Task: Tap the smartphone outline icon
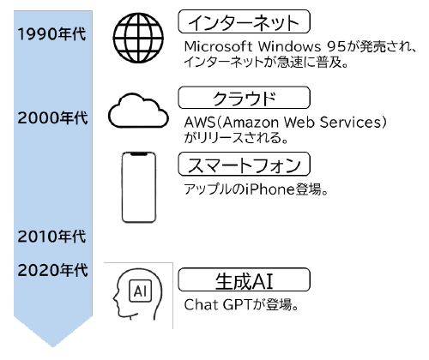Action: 143,186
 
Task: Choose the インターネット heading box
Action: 244,21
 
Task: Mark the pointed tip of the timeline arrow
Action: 53,345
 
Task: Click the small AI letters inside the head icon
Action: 139,291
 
